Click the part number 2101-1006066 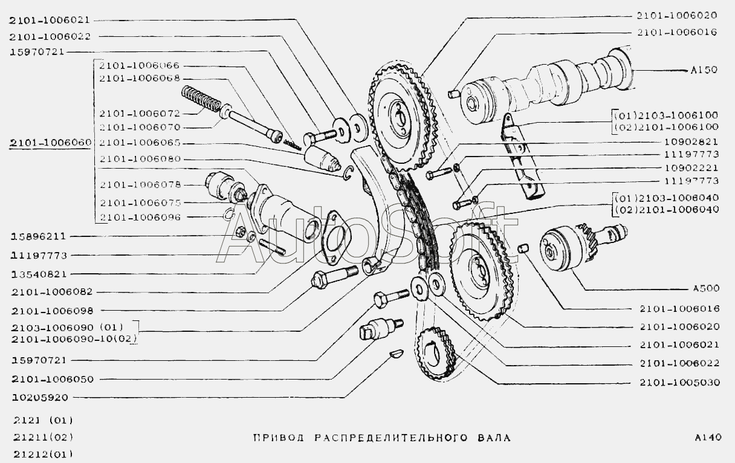(x=139, y=65)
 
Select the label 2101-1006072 (x=139, y=113)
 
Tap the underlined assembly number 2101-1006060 (x=50, y=143)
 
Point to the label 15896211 (x=37, y=236)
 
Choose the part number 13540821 (x=37, y=274)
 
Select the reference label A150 (x=704, y=70)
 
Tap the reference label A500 (x=704, y=289)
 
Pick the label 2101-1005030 (x=679, y=383)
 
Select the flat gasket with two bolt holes (x=334, y=239)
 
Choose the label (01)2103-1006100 (x=665, y=115)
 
